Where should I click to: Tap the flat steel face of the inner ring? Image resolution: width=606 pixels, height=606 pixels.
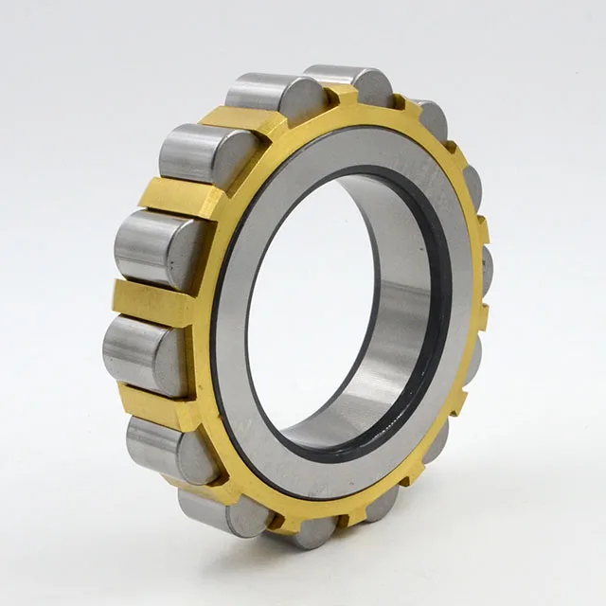[x=284, y=170]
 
